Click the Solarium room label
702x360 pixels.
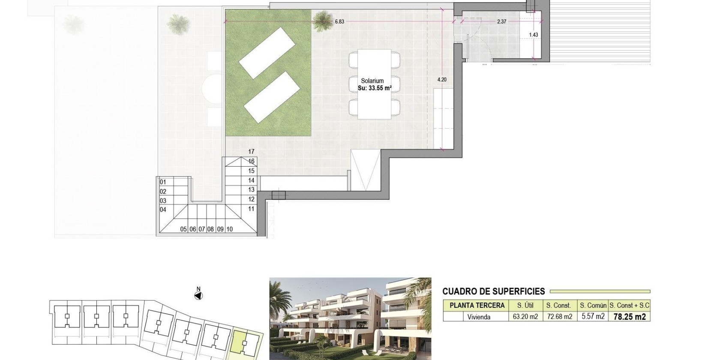pyautogui.click(x=372, y=81)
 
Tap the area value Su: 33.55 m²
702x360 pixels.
pyautogui.click(x=375, y=88)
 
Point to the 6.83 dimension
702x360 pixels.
pyautogui.click(x=339, y=21)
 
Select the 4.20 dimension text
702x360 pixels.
pyautogui.click(x=441, y=80)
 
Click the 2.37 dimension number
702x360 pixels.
pyautogui.click(x=501, y=21)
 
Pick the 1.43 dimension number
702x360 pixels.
pyautogui.click(x=533, y=35)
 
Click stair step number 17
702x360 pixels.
pyautogui.click(x=251, y=152)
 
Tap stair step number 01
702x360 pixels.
pyautogui.click(x=163, y=182)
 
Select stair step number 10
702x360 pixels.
pyautogui.click(x=230, y=229)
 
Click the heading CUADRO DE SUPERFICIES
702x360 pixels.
pyautogui.click(x=494, y=291)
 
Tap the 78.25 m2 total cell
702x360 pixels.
pyautogui.click(x=630, y=317)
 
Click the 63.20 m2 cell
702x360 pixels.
pyautogui.click(x=525, y=317)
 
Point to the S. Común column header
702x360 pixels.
pyautogui.click(x=593, y=306)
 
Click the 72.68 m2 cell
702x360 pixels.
pyautogui.click(x=559, y=317)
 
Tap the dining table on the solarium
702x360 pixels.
pyautogui.click(x=375, y=84)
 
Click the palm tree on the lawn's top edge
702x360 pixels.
pyautogui.click(x=322, y=21)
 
